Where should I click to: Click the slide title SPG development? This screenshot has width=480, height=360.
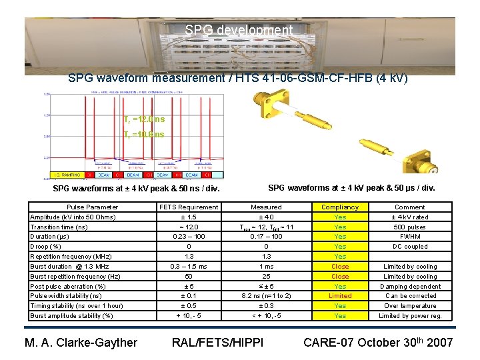(x=239, y=31)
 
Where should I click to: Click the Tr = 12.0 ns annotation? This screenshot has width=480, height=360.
(x=144, y=119)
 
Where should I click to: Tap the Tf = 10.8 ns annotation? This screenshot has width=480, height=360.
(x=144, y=135)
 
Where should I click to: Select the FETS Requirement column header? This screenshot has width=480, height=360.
(x=189, y=207)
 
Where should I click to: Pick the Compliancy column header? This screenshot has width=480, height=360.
(x=340, y=207)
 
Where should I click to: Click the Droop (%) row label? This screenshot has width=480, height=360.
(x=46, y=247)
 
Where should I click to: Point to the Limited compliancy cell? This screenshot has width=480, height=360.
(x=340, y=296)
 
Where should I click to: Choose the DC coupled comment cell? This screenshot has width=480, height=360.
(x=410, y=247)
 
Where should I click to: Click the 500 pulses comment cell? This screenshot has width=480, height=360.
(x=410, y=227)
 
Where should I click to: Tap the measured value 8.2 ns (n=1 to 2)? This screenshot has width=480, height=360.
(x=266, y=296)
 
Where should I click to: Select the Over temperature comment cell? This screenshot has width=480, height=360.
(x=410, y=306)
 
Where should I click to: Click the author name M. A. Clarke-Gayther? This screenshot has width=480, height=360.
(x=81, y=343)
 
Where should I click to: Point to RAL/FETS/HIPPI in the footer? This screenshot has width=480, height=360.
(x=217, y=343)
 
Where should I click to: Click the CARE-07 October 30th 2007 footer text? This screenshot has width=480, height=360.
(x=378, y=342)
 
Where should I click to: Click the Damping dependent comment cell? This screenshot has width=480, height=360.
(x=410, y=287)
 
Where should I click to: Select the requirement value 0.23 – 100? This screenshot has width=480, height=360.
(x=189, y=236)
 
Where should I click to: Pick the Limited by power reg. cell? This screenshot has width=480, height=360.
(x=410, y=316)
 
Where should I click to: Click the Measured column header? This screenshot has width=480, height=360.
(x=266, y=207)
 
